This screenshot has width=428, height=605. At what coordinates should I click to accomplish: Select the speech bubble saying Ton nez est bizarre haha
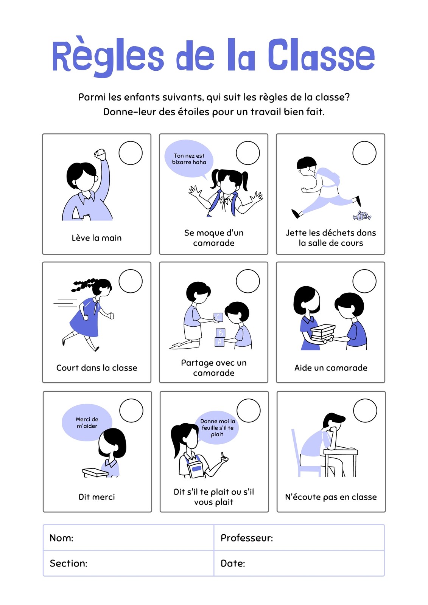pos(189,159)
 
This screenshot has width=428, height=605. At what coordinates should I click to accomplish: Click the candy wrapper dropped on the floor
pos(362,216)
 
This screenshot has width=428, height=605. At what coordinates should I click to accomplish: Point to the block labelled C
pos(218,317)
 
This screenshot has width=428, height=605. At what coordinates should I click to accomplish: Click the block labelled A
pos(219,342)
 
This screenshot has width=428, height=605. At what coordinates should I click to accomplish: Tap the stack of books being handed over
pos(322,333)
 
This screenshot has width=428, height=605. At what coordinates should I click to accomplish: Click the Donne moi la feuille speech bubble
pos(217,428)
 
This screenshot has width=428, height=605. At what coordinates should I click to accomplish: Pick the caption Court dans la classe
pos(96,368)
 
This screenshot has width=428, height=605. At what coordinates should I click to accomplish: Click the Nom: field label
pos(61,538)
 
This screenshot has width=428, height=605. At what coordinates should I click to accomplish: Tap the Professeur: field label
pos(247,538)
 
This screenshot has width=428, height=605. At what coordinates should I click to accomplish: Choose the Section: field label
pos(68,563)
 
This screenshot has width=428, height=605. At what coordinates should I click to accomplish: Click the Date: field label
pos(233,563)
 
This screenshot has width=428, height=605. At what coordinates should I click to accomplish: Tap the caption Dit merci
pos(96,497)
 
